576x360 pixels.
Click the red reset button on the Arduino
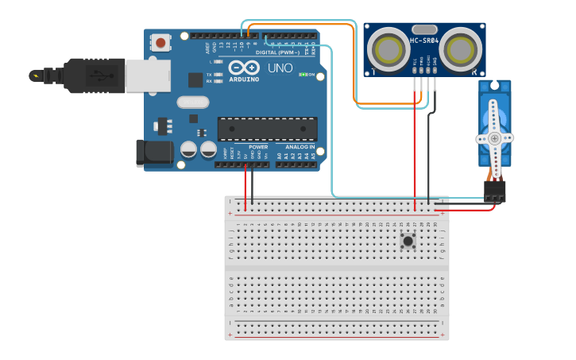click(161, 42)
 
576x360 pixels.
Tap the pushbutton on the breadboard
click(408, 241)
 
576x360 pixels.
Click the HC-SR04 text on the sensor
click(425, 39)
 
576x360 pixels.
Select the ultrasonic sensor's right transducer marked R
click(461, 50)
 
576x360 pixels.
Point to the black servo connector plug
click(494, 191)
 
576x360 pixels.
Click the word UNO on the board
click(280, 68)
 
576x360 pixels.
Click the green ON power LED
click(303, 75)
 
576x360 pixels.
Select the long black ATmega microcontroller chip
click(267, 129)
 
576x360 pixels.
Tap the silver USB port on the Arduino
click(147, 75)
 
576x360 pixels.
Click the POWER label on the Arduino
click(258, 147)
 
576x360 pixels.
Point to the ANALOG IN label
click(300, 147)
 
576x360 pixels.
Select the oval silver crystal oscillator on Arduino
click(192, 102)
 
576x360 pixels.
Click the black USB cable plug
click(91, 75)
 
